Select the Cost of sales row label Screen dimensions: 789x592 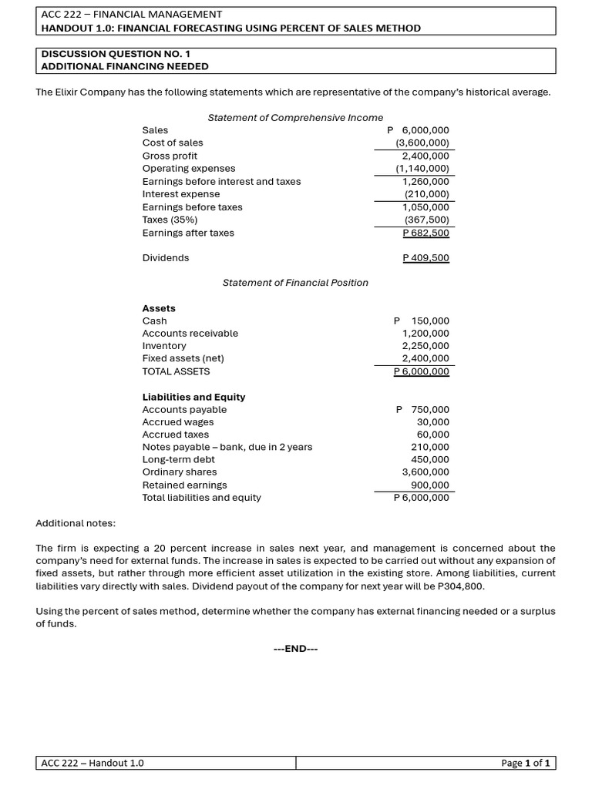click(173, 143)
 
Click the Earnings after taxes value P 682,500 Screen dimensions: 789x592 click(425, 233)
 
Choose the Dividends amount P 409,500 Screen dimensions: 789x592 click(425, 258)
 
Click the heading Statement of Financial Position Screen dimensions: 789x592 click(295, 283)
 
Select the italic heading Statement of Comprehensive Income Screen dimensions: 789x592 click(295, 117)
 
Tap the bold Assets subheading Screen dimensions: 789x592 click(159, 308)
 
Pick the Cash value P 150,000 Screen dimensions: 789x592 click(421, 321)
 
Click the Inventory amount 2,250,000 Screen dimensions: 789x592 click(425, 346)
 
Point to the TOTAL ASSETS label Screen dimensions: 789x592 click(176, 371)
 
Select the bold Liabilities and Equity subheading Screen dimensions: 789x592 click(193, 397)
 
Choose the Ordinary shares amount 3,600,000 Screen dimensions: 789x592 click(425, 472)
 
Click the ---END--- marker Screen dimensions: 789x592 click(295, 649)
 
